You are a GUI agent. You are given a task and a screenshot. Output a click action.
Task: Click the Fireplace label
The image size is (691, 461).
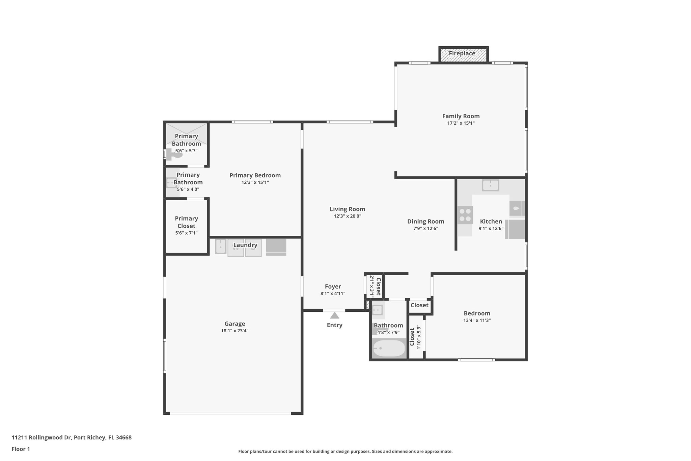462,53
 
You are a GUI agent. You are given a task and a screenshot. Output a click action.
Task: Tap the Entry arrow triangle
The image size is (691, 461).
334,315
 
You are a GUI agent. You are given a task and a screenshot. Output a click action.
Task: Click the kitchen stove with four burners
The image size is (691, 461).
465,215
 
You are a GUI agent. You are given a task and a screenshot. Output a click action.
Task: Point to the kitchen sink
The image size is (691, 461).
490,185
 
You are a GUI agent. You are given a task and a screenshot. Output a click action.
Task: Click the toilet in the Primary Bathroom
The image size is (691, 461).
174,155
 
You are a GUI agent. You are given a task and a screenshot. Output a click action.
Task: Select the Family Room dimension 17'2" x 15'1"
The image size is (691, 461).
461,123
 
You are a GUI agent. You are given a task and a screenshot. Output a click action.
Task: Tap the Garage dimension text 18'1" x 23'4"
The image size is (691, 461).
235,331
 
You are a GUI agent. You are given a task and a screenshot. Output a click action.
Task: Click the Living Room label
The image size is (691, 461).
347,209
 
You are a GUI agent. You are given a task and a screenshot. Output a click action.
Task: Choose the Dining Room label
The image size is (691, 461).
425,221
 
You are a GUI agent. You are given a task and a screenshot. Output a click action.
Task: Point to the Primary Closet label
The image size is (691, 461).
186,222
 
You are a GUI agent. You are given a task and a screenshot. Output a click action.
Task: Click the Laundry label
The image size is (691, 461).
245,245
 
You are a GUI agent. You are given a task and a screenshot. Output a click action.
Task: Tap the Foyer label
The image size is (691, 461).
333,286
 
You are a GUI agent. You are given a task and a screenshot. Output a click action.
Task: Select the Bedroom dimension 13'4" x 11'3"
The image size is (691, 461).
477,320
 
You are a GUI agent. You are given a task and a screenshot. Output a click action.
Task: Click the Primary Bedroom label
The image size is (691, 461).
255,175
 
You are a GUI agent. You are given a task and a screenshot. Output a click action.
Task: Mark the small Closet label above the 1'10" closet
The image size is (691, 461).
419,305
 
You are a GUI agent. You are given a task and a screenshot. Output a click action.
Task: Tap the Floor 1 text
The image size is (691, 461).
21,449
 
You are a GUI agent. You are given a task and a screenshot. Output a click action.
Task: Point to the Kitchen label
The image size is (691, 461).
491,221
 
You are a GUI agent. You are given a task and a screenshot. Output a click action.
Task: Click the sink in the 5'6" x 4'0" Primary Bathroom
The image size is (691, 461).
171,183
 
